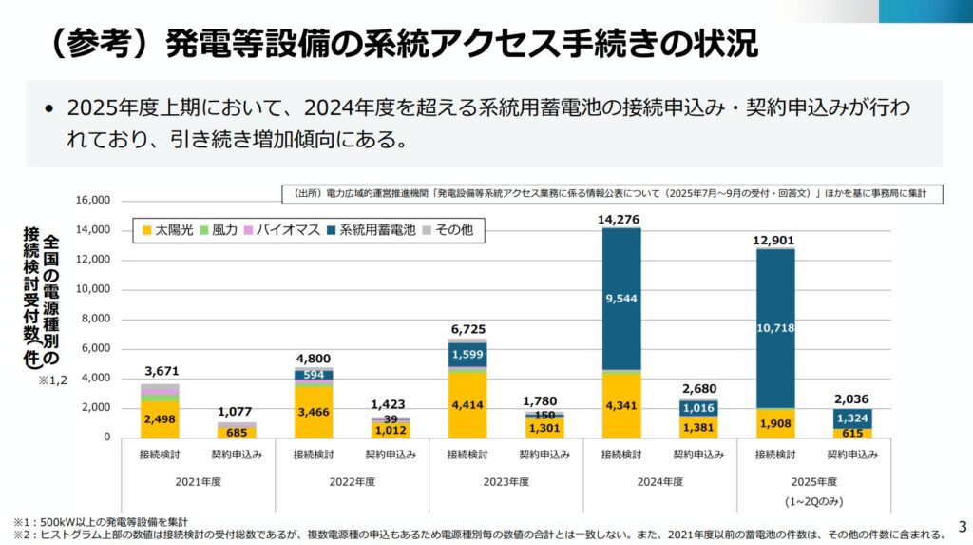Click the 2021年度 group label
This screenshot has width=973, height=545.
click(198, 481)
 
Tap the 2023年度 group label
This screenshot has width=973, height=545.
click(505, 481)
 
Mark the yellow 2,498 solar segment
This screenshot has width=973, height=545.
click(160, 419)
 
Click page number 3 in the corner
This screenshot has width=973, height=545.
click(961, 525)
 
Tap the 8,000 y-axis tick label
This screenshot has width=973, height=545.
click(95, 319)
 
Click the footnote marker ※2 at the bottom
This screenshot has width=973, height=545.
click(21, 534)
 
